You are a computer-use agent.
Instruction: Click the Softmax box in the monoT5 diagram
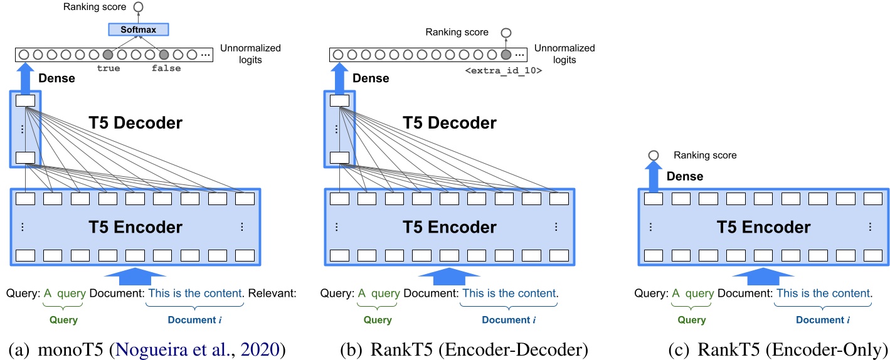click(139, 29)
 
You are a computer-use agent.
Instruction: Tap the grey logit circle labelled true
click(109, 55)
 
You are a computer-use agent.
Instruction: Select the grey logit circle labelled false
click(165, 55)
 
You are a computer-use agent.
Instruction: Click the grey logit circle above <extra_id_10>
click(506, 55)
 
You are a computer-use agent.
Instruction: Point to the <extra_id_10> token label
click(503, 71)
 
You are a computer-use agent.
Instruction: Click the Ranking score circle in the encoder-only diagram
click(654, 155)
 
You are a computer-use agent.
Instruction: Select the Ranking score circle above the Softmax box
click(138, 7)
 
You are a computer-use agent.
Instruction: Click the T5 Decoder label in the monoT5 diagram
click(135, 123)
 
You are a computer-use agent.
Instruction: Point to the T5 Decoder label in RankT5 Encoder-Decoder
click(449, 123)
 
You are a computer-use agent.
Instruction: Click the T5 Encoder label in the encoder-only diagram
click(763, 226)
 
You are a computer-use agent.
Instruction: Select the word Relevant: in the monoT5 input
click(272, 293)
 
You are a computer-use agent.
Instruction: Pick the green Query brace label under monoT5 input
click(63, 320)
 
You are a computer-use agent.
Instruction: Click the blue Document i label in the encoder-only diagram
click(823, 320)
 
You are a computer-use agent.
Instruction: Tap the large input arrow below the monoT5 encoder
click(135, 273)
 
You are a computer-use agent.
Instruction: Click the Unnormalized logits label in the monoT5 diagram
click(250, 54)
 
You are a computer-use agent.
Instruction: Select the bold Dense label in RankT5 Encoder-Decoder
click(371, 78)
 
